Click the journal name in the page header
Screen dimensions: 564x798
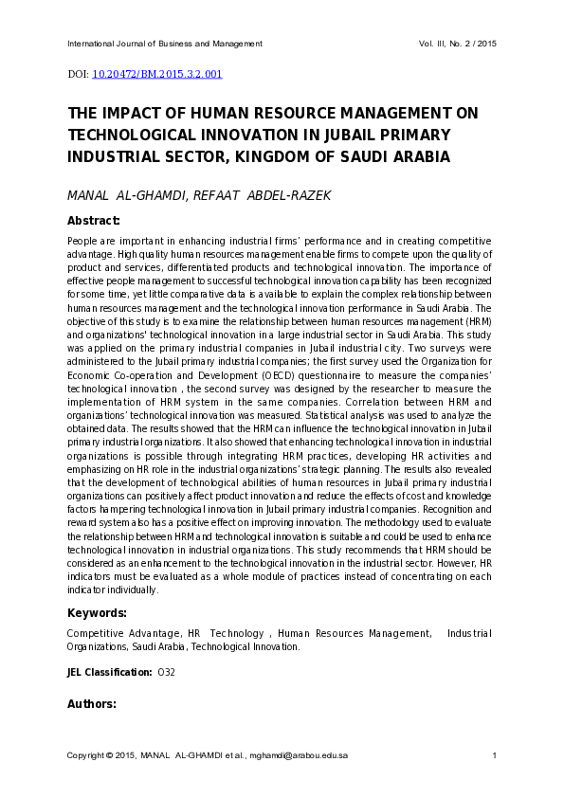click(x=165, y=45)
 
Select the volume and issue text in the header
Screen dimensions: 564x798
click(x=457, y=45)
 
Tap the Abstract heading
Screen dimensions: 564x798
click(x=93, y=220)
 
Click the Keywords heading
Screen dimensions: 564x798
click(x=97, y=612)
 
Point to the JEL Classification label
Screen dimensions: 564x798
click(x=109, y=672)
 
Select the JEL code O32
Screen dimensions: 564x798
click(x=166, y=672)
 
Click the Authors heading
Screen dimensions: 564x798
click(x=92, y=704)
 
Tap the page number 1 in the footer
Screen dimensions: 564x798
click(x=495, y=755)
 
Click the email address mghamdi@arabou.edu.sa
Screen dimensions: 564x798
click(x=300, y=755)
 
